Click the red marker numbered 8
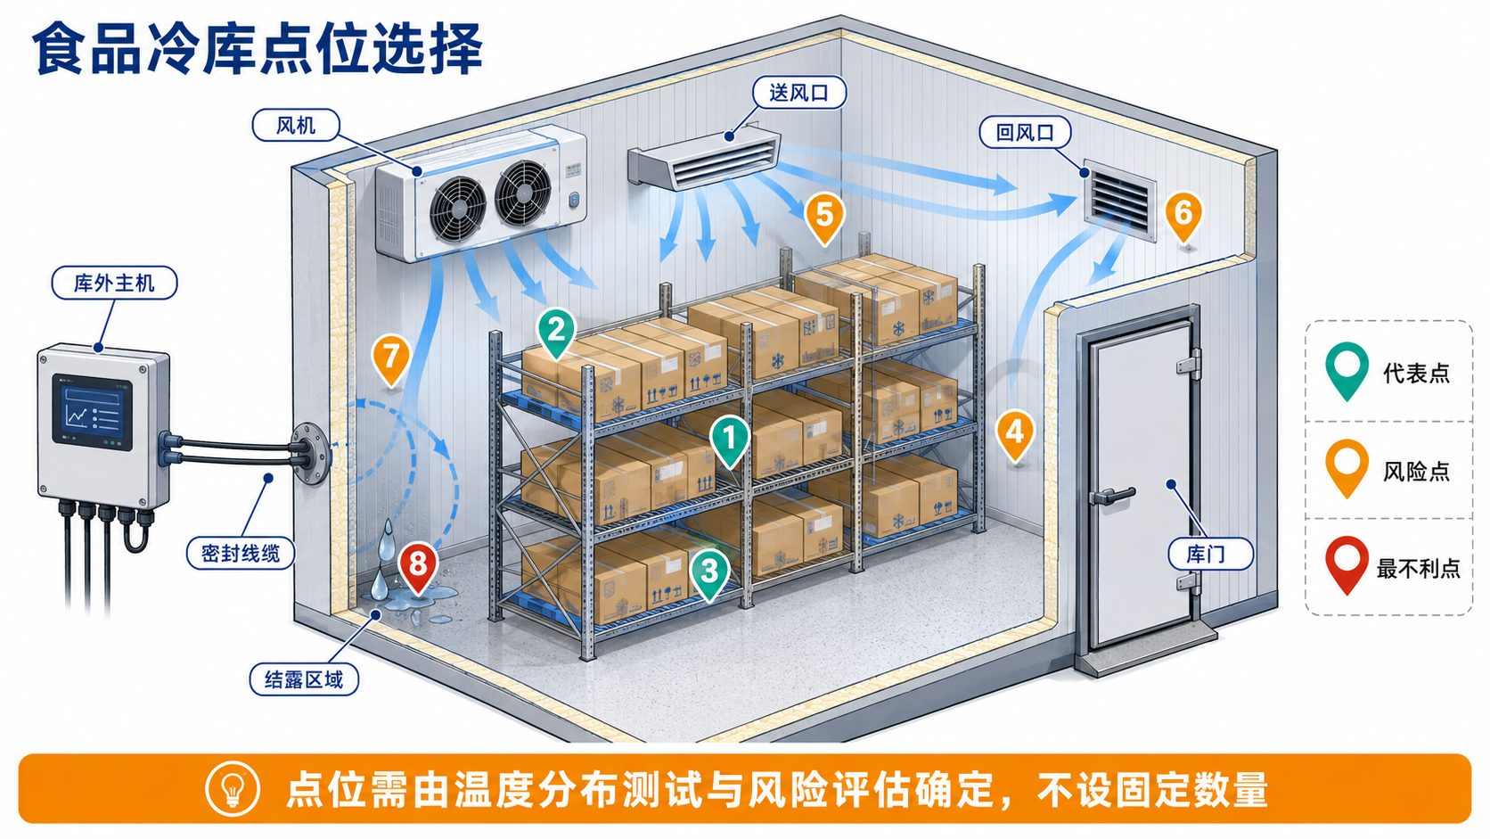tap(417, 568)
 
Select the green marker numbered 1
tap(730, 441)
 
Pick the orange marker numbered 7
tap(390, 360)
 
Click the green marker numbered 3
tap(709, 574)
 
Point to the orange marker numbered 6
tap(1183, 217)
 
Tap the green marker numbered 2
tap(557, 332)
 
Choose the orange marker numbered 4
tap(1015, 436)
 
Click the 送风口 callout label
tap(798, 93)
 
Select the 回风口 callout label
tap(1025, 133)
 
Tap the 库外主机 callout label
tap(114, 284)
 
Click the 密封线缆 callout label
tap(240, 553)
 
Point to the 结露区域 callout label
tap(304, 679)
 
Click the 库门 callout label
tap(1206, 555)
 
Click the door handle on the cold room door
tap(1110, 496)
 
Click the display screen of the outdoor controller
tap(93, 411)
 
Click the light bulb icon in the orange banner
tap(233, 789)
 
